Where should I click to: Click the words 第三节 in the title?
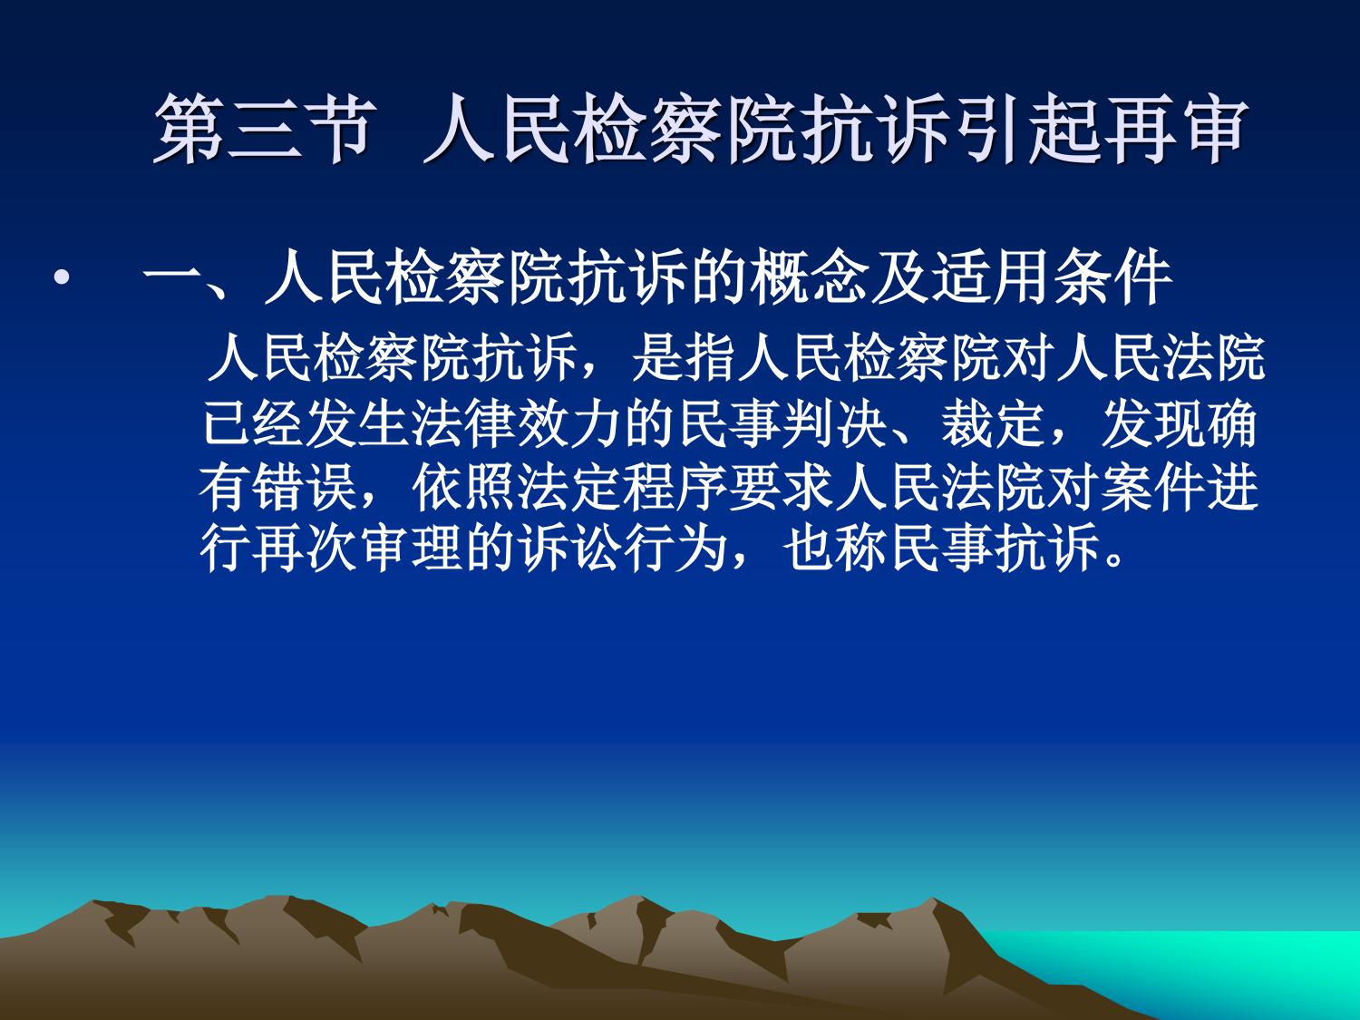[x=265, y=129]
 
